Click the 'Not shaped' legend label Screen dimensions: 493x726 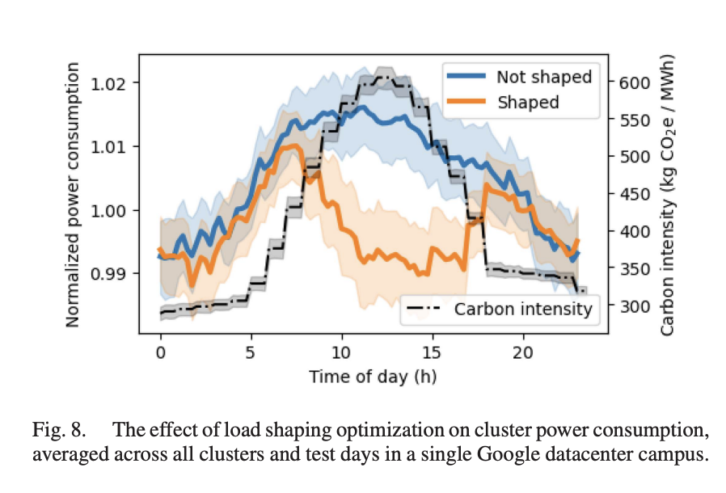click(544, 78)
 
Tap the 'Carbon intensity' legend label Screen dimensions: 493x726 click(523, 308)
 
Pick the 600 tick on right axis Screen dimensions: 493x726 click(635, 82)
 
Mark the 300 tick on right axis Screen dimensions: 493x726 click(635, 306)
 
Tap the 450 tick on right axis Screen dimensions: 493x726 click(635, 194)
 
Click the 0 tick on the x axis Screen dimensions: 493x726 click(160, 352)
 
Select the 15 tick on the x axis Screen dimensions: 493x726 click(433, 352)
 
